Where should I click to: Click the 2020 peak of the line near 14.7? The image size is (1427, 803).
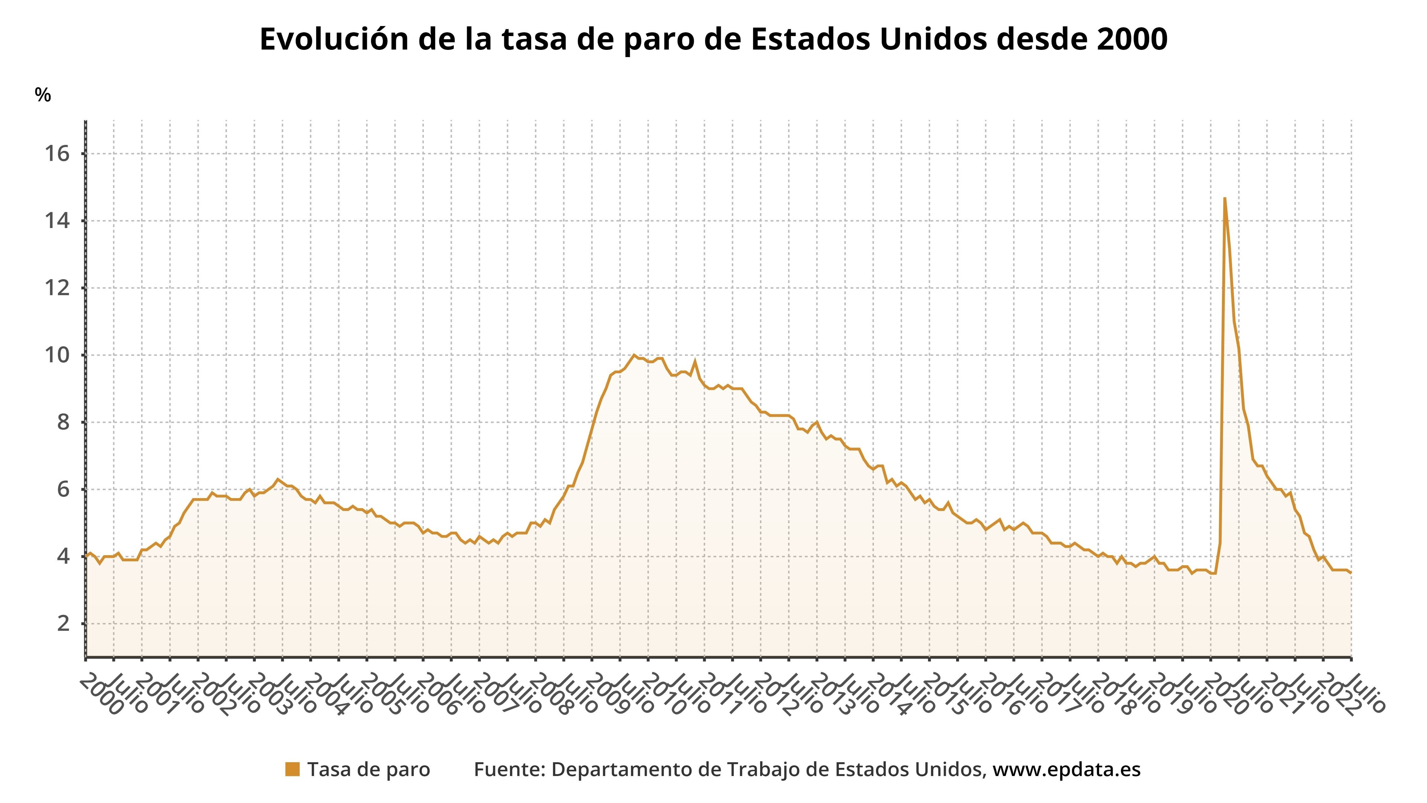tap(1224, 198)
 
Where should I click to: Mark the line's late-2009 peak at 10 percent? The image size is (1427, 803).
tap(634, 355)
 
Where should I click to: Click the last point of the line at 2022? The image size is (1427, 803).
tap(1351, 572)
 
